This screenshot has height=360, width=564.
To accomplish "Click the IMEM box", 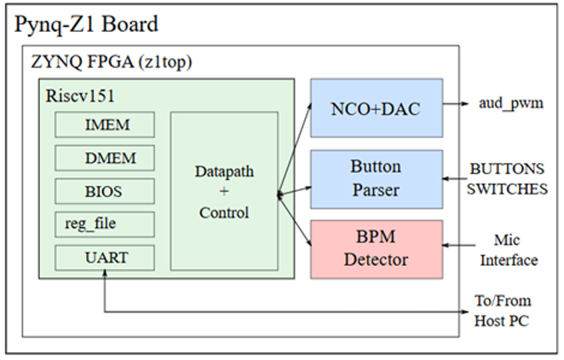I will (x=105, y=125).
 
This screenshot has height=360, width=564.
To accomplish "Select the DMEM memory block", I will (x=105, y=158).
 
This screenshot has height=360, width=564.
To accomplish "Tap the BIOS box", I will (x=105, y=191).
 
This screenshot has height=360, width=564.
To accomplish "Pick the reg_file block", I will (x=105, y=224).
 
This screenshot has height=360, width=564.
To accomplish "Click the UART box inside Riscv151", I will (x=105, y=257).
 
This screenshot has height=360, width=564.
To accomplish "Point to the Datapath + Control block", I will (x=224, y=191).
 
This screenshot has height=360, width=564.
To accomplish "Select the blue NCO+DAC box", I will (x=376, y=108).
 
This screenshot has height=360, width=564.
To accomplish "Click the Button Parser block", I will (x=376, y=179).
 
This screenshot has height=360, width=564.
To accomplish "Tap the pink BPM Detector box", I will (x=376, y=249).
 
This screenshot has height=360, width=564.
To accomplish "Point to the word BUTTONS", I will (x=507, y=169).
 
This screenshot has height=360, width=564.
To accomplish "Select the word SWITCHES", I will (x=507, y=189).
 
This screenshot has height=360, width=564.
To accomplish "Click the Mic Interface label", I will (x=507, y=250).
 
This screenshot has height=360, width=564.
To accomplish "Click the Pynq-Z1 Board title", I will (x=87, y=25).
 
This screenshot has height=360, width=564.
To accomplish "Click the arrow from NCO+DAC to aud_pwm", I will (x=457, y=104).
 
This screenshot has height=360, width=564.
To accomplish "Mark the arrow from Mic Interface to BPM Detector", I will (x=457, y=245).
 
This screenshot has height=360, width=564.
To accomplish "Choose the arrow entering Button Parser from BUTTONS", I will (x=457, y=179).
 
